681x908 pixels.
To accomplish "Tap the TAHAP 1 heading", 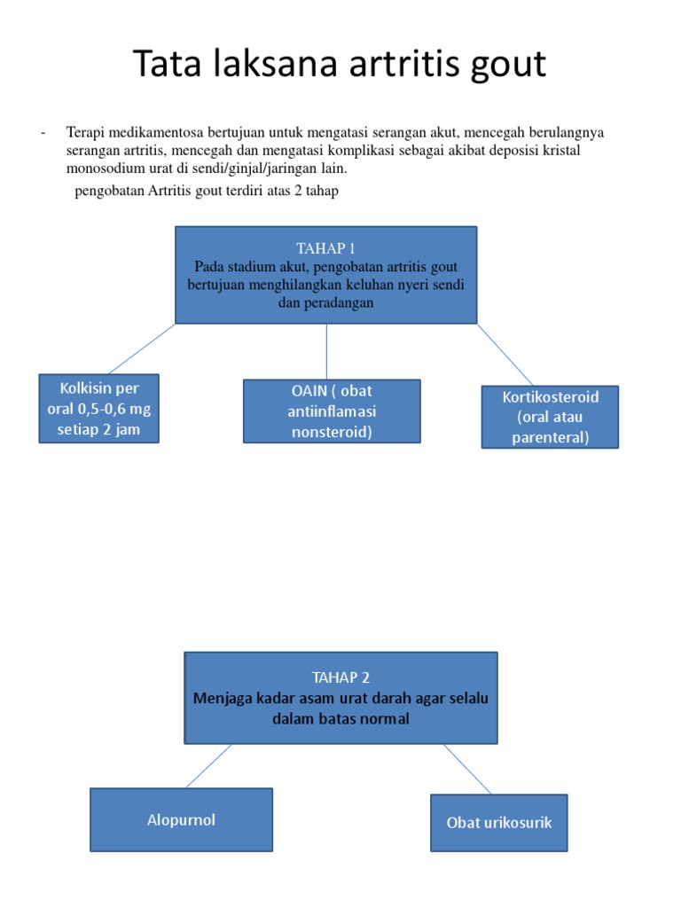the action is [x=325, y=248].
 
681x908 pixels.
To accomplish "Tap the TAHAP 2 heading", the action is [x=340, y=677].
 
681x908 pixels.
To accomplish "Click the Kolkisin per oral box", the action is [x=99, y=408].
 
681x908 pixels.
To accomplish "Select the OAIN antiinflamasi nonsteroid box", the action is [x=332, y=411].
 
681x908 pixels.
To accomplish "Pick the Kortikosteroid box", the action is [x=550, y=417].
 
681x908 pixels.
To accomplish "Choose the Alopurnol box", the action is [x=181, y=819].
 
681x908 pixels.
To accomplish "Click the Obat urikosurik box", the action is [x=498, y=822].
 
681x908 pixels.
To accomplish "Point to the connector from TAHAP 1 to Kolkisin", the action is [x=142, y=348].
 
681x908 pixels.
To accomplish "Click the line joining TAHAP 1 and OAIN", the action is [x=326, y=351].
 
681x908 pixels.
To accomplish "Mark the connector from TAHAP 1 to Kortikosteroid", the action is [x=505, y=355].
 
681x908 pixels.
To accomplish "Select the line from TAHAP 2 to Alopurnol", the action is [x=208, y=765].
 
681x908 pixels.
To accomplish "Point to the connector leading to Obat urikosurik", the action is [x=467, y=769].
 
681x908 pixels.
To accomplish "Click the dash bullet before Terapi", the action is [x=43, y=134].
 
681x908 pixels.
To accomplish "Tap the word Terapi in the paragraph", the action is [x=85, y=133].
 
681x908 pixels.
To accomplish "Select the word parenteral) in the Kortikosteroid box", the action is [x=550, y=437].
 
